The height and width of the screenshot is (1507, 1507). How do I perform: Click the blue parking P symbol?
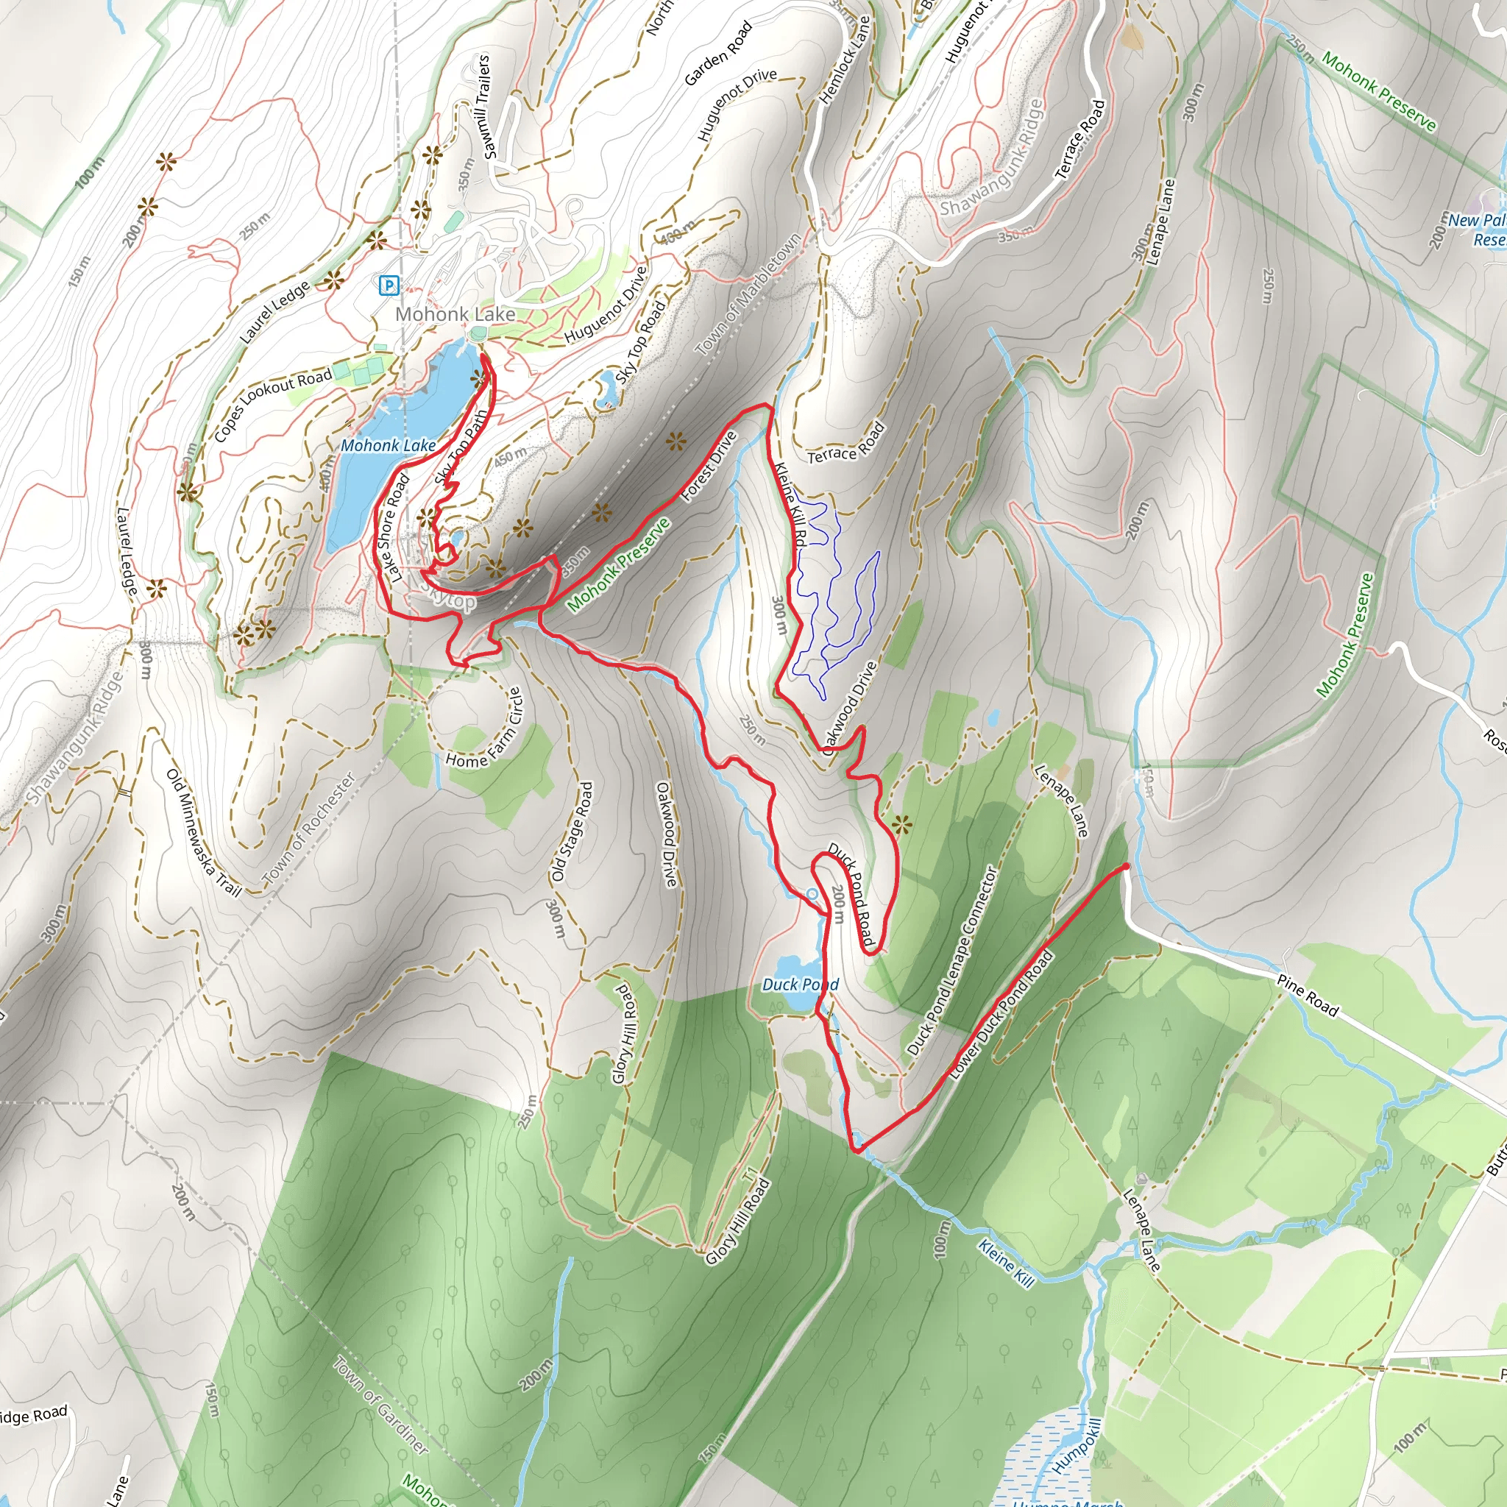point(388,286)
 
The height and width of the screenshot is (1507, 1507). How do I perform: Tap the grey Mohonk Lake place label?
point(455,314)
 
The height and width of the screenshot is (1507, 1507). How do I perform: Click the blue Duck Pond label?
point(800,985)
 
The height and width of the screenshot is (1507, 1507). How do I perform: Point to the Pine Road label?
point(1308,996)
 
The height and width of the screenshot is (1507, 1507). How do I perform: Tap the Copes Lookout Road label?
point(272,405)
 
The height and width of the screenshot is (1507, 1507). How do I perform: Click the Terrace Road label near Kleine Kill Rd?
point(846,442)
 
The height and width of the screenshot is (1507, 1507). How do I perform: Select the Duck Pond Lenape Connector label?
point(952,961)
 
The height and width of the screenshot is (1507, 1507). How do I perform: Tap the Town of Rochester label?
point(310,829)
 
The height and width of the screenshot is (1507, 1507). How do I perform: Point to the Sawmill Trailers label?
point(486,106)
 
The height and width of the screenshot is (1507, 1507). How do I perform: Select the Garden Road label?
point(717,54)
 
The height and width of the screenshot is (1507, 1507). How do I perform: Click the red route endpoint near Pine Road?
point(1126,866)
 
